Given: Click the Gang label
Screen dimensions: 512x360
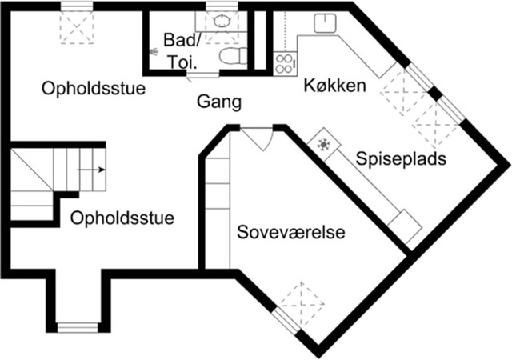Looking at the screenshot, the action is coord(219,102).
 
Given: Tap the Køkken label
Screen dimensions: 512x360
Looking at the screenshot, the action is coord(334,86).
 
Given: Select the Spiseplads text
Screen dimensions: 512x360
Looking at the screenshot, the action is coord(401,159).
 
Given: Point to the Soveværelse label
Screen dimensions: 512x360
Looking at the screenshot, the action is coord(291,232).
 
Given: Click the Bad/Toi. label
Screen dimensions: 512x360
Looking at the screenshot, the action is coord(182,50).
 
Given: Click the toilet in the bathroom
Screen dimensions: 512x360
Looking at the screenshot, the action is coord(233,55).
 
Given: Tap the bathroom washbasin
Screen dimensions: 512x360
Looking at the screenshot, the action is coord(222,21).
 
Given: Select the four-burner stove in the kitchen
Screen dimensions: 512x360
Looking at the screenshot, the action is coord(285,64).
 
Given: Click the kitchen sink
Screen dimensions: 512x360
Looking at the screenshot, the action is coord(325,23).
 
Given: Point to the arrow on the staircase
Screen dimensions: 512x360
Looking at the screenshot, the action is coord(91,170).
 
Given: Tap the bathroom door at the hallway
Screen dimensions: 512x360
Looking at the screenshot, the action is coord(202,75).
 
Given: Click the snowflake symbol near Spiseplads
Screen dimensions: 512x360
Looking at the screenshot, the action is coord(323,144).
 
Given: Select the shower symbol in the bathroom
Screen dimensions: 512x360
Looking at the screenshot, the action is coord(153,51).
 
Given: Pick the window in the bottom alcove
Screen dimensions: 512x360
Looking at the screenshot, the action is coord(78,327).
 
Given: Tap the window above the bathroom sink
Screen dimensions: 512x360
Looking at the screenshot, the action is coord(222,6).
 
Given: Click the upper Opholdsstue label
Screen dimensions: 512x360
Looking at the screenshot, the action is coord(94,88).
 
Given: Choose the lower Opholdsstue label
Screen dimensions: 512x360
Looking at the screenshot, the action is coord(122,218).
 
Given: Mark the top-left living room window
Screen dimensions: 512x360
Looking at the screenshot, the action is coord(77,6).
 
